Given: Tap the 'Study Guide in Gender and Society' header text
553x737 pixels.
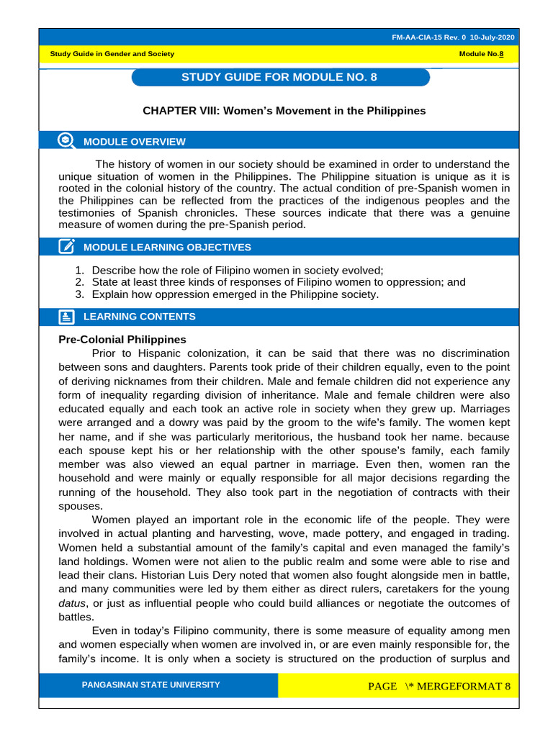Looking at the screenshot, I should coord(112,54).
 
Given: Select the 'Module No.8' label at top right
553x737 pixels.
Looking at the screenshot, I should coord(486,54).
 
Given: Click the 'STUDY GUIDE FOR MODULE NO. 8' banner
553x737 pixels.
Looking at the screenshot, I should coord(280,77).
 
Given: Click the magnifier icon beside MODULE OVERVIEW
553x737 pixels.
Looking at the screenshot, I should coord(66,141).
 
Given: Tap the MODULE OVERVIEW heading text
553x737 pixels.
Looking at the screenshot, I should coord(134,142).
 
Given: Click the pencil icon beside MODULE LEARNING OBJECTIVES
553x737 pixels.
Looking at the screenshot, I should coord(66,247).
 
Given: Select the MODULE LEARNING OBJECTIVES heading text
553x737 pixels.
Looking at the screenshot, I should coord(167,248).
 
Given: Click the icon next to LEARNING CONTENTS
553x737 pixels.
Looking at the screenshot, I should coord(66,317).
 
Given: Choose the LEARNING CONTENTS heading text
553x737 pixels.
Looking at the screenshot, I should coord(139,317).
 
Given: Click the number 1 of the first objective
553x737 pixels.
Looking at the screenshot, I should coord(79,270).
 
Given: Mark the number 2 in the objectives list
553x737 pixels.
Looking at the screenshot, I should coord(79,282).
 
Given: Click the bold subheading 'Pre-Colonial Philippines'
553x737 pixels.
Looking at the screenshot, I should coord(122,339).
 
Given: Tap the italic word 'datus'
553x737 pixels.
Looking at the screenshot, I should coord(71,603).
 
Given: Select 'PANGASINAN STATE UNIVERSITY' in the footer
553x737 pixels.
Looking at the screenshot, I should coord(151,684).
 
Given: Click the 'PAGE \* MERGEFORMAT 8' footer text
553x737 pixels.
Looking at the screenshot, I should coord(439,686).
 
